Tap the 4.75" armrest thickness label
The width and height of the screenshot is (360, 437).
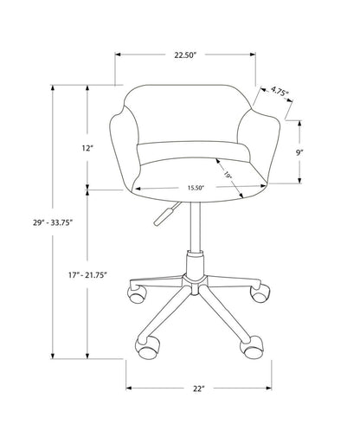tap(278, 89)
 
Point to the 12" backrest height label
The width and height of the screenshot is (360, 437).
tap(88, 148)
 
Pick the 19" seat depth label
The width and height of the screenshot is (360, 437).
tap(228, 175)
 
